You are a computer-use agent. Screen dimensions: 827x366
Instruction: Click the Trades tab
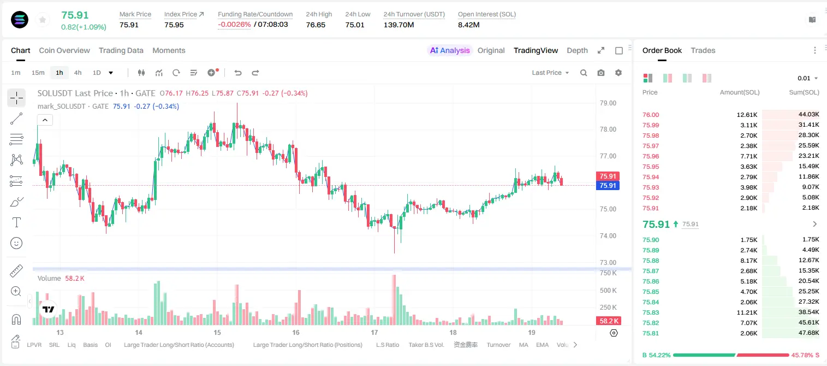703,50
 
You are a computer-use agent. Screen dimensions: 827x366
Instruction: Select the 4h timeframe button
78,73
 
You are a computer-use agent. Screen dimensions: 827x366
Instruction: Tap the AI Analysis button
450,50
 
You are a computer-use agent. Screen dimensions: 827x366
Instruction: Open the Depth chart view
577,50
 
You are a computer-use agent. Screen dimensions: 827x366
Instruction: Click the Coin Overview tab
64,50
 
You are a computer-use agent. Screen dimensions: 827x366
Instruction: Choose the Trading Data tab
121,50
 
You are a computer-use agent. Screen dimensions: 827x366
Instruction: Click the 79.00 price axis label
608,103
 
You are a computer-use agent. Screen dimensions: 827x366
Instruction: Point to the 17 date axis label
374,332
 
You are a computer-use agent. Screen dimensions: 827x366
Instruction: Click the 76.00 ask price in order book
651,115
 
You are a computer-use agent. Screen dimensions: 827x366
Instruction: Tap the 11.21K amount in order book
747,312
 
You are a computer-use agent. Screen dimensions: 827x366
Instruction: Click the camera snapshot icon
601,73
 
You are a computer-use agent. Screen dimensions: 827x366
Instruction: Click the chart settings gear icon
618,73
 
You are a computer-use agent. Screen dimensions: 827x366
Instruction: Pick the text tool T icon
16,222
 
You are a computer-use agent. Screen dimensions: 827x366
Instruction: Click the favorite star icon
43,20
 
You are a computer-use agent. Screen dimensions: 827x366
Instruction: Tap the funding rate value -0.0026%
234,25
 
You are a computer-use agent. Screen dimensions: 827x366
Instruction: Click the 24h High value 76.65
316,25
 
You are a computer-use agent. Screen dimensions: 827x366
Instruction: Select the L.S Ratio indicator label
387,345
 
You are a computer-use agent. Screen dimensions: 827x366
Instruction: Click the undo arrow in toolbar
238,73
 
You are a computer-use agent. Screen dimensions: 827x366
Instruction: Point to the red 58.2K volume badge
609,321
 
